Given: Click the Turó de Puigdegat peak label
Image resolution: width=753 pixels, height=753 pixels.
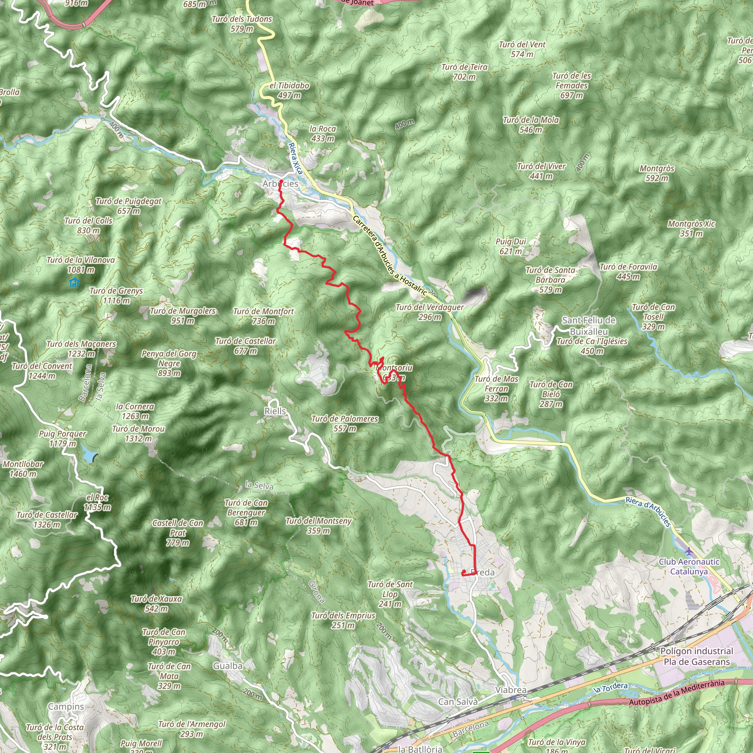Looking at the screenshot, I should [x=129, y=206].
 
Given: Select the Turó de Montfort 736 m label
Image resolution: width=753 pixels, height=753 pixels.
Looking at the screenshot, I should [x=264, y=316].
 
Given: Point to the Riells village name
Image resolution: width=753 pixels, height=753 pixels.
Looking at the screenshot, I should [x=275, y=411].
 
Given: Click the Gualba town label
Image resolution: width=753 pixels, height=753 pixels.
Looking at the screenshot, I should [x=228, y=666].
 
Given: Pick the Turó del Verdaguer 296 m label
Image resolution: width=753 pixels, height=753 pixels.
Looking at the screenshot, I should [x=429, y=312].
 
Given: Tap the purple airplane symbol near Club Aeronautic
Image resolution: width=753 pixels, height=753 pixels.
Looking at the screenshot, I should [x=689, y=552].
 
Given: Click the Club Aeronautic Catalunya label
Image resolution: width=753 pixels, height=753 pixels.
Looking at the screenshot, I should [x=689, y=566].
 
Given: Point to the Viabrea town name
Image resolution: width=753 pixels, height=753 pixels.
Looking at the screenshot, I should [x=511, y=690].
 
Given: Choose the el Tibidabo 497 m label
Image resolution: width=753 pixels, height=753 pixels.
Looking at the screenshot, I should [x=289, y=90].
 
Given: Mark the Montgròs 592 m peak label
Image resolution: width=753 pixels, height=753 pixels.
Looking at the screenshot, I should [x=657, y=173].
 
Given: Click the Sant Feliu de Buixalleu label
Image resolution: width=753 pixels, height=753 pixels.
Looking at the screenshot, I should [x=589, y=326].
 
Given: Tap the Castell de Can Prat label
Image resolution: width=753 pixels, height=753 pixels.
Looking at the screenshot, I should [x=178, y=532].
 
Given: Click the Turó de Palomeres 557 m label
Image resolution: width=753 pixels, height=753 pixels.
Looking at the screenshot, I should [x=345, y=423].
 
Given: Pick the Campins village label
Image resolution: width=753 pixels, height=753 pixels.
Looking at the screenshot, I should [x=66, y=707].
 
